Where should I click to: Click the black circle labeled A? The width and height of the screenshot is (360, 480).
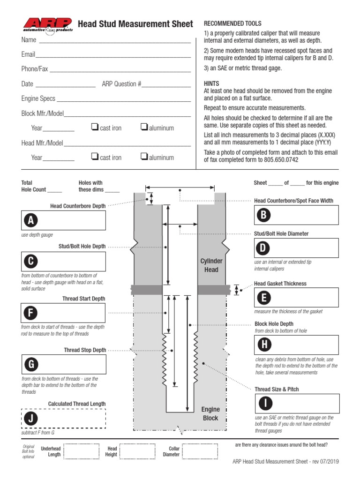click(x=31, y=221)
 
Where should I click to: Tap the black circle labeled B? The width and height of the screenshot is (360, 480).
click(x=264, y=215)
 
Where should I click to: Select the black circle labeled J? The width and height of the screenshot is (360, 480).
click(x=31, y=419)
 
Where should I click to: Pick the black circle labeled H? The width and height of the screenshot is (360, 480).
click(x=264, y=345)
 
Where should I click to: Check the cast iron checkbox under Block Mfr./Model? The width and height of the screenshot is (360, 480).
click(x=94, y=127)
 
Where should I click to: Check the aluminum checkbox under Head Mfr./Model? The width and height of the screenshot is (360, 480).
click(x=144, y=157)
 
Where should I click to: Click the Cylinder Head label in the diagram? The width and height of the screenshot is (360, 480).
click(x=211, y=265)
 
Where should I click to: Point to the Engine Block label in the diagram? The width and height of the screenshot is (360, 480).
click(x=210, y=414)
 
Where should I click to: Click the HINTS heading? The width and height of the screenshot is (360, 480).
click(x=212, y=83)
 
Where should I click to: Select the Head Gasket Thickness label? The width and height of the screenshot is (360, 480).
click(x=280, y=284)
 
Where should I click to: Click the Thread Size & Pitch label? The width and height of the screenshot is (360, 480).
click(x=276, y=390)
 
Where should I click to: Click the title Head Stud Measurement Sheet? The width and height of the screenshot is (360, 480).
click(x=135, y=24)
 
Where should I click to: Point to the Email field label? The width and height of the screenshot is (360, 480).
click(x=28, y=54)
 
